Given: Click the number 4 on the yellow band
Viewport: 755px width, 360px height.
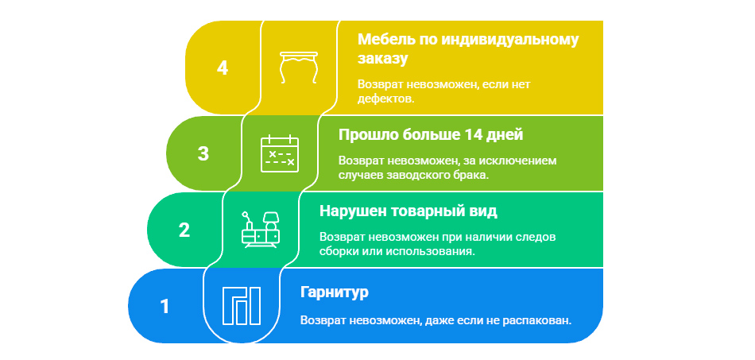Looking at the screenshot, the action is [x=222, y=68].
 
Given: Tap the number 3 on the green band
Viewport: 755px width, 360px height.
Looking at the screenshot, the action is [x=203, y=153].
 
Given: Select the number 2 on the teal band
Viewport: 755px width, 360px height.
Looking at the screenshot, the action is [x=184, y=230].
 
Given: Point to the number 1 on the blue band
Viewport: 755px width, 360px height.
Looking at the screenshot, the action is [x=165, y=306].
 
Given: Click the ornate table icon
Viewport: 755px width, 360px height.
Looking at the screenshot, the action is [x=299, y=68].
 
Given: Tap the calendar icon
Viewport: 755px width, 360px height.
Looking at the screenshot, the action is [x=280, y=153].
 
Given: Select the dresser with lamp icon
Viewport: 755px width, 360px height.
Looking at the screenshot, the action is [x=261, y=230].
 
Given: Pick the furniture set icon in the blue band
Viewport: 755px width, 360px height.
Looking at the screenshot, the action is [x=242, y=306].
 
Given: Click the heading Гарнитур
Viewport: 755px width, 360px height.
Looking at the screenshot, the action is [x=334, y=292].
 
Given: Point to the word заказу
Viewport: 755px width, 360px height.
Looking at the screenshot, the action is [x=383, y=59].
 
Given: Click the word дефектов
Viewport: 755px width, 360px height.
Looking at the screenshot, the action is [x=385, y=99].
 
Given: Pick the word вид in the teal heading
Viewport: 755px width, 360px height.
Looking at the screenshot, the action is [x=486, y=211].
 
